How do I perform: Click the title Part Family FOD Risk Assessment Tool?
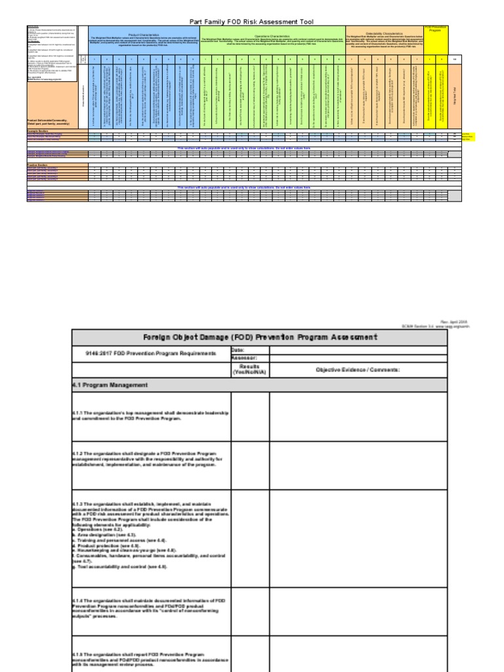tap(251, 22)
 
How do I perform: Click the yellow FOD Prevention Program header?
tap(435, 30)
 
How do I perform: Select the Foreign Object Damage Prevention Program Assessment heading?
tap(260, 337)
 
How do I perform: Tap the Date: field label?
tap(238, 350)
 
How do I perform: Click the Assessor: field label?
tap(242, 358)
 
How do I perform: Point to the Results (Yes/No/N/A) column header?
tap(249, 369)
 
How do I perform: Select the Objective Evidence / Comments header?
tap(358, 369)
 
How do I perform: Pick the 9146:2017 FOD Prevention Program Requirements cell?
tap(143, 354)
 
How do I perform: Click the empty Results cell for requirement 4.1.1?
tap(249, 416)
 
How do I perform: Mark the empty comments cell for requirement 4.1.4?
tap(358, 612)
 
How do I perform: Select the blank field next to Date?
tap(358, 350)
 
